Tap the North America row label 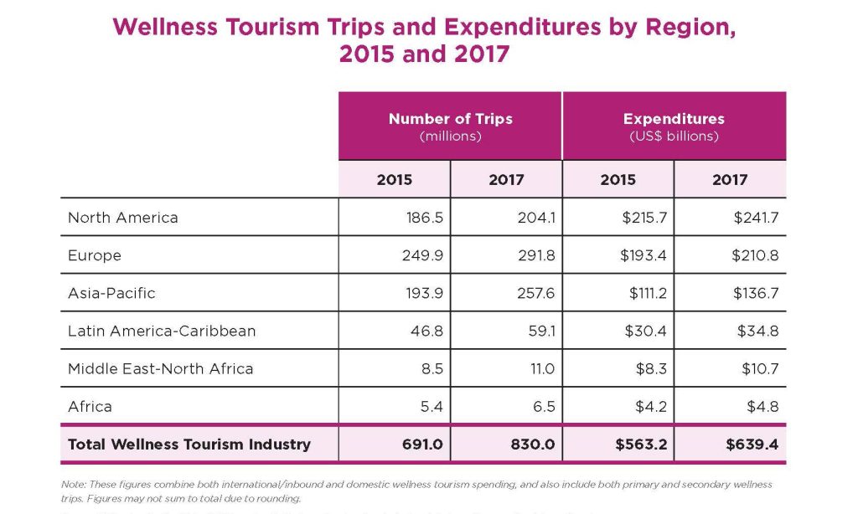coord(123,218)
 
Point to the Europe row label coord(95,255)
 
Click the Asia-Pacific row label coord(111,293)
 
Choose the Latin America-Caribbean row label coord(162,331)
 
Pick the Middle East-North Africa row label coord(160,368)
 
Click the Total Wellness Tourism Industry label coord(189,444)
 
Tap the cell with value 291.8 coord(536,255)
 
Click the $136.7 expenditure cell coord(756,293)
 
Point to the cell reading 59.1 coord(540,331)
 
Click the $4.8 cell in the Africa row coord(762,406)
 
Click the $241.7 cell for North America coord(756,218)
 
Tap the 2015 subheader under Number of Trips coord(394,179)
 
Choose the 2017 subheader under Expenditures coord(730,179)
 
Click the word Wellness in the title coord(160,27)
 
